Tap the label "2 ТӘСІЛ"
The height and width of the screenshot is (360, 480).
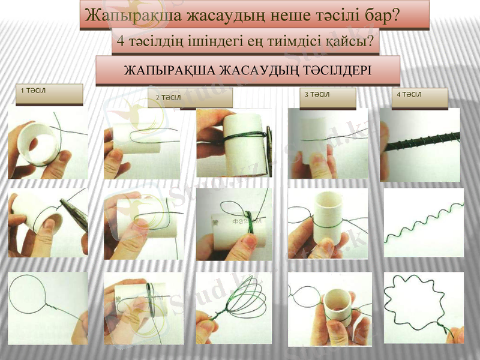(x=169, y=97)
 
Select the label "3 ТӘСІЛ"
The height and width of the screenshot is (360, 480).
(x=317, y=94)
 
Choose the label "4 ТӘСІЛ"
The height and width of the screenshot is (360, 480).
(x=409, y=94)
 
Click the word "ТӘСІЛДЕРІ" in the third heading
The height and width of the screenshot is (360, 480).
(x=328, y=70)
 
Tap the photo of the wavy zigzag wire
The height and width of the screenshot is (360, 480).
(x=423, y=223)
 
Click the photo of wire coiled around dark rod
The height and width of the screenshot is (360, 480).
(x=420, y=145)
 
